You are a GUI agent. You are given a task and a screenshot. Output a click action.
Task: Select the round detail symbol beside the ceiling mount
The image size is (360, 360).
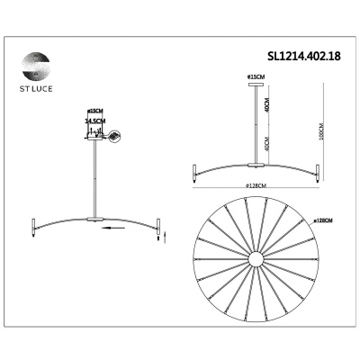113,135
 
